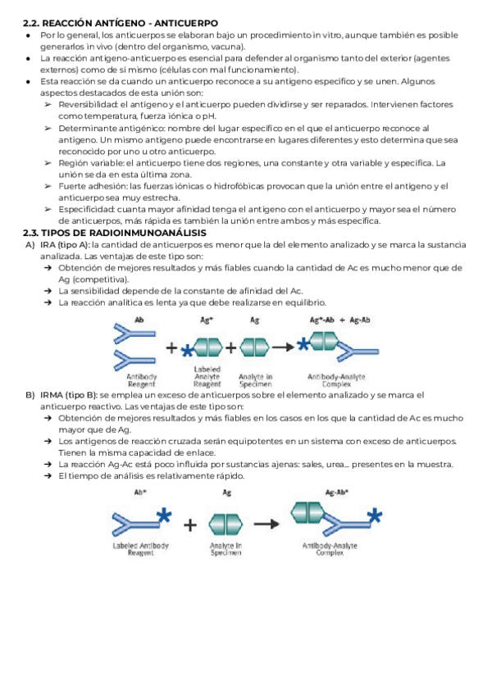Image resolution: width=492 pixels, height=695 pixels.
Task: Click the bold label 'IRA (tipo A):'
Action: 65,244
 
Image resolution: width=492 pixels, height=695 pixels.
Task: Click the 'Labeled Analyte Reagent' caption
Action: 207,377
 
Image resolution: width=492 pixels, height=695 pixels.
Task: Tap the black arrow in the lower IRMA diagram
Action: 266,523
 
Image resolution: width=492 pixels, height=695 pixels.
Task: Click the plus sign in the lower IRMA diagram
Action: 189,524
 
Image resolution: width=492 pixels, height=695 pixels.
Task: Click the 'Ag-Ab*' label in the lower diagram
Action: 336,493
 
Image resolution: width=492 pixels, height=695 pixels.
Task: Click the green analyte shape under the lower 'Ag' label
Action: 225,523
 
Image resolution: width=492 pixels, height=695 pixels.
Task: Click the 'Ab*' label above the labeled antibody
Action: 140,493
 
